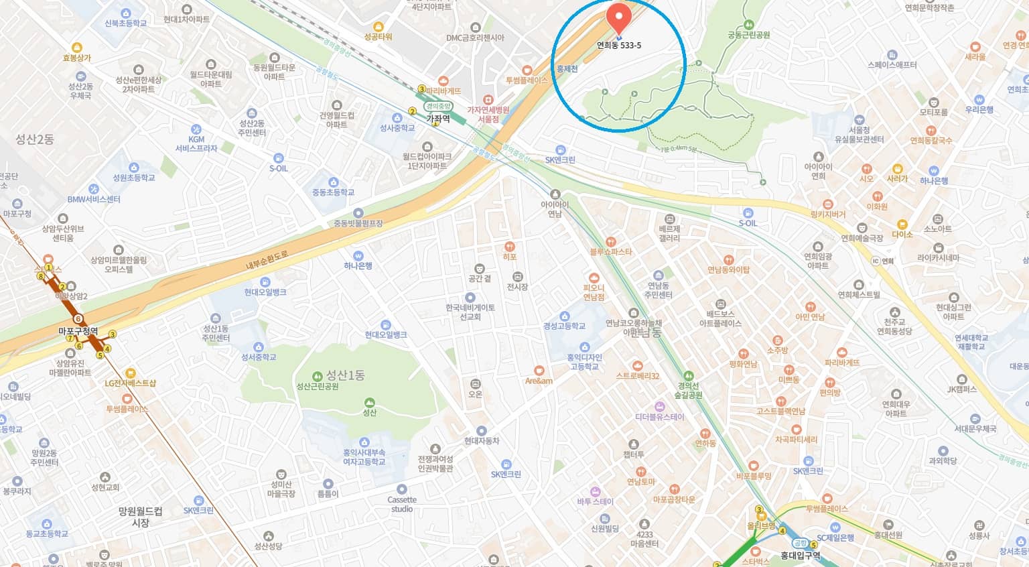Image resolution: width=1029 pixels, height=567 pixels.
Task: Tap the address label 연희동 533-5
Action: (618, 46)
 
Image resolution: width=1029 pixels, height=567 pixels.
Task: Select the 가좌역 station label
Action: (438, 118)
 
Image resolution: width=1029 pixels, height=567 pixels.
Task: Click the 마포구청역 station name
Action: (78, 331)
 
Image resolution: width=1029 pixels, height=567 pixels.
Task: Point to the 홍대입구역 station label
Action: (800, 556)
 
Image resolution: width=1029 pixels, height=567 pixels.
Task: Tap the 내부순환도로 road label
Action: (266, 259)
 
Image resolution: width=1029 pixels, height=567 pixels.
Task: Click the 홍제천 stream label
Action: (567, 68)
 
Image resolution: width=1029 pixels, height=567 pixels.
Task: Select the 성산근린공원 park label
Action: (318, 386)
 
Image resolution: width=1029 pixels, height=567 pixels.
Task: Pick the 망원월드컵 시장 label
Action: (140, 517)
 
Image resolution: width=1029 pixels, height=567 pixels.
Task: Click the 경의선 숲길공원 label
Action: (689, 391)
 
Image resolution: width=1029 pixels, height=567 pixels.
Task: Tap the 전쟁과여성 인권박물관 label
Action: (435, 464)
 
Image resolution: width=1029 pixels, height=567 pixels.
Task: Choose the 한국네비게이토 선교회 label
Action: (470, 312)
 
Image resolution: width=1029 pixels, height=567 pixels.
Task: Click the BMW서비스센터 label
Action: (94, 199)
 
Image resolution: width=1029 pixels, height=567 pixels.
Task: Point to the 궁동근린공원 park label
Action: (749, 35)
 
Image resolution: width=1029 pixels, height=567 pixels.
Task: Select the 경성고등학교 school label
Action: (564, 326)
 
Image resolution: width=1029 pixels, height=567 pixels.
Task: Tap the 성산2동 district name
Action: (35, 139)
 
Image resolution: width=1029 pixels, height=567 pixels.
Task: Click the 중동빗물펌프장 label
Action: (358, 223)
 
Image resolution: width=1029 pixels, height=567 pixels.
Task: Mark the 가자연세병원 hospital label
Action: (488, 114)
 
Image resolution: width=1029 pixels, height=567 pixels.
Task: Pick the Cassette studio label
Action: (402, 504)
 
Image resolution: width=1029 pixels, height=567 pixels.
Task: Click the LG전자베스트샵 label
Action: (130, 383)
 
